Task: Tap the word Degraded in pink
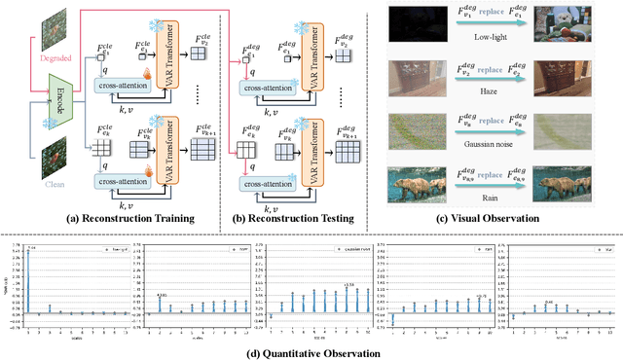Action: tap(33, 58)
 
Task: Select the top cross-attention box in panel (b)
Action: tap(290, 86)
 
